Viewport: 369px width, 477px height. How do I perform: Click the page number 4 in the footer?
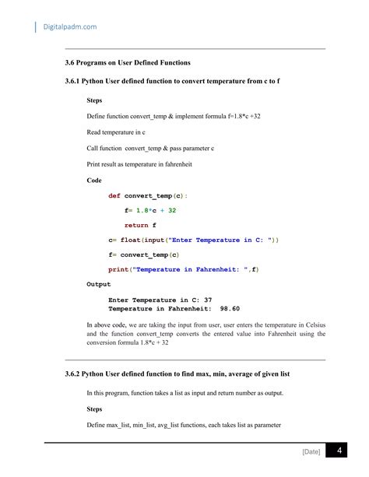(339, 453)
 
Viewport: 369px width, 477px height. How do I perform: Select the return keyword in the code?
(136, 226)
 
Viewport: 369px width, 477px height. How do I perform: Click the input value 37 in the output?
(208, 300)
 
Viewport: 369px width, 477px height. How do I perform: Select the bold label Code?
(94, 181)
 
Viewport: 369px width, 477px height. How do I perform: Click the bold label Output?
(98, 285)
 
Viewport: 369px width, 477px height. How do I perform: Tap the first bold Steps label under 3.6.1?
(94, 100)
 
